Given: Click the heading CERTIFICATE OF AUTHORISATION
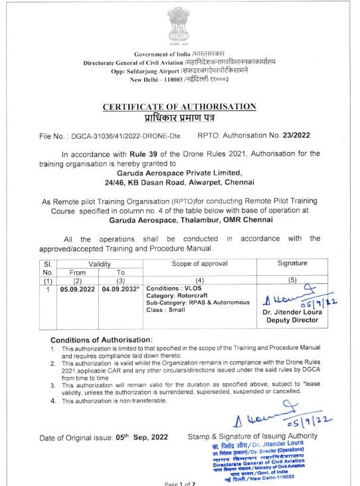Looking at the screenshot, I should pyautogui.click(x=180, y=106).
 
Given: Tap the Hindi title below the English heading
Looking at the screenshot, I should pyautogui.click(x=179, y=118).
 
